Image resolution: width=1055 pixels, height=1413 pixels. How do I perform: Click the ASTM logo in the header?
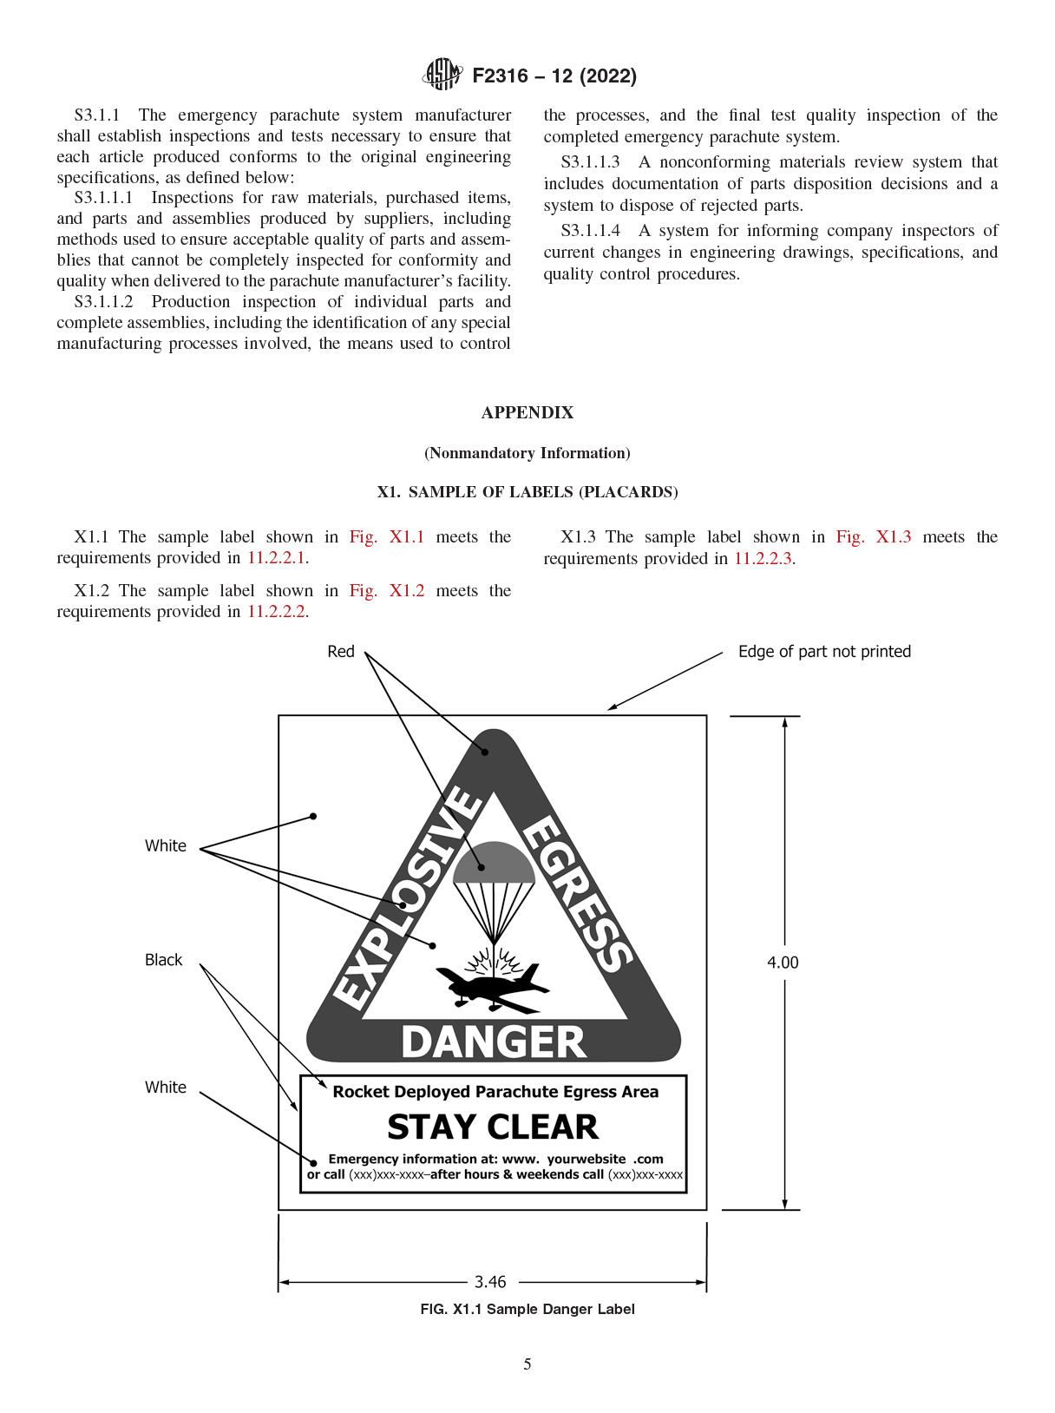pyautogui.click(x=442, y=75)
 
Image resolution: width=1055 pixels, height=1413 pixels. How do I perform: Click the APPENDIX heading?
pyautogui.click(x=527, y=412)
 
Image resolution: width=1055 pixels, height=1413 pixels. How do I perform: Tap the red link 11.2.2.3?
pyautogui.click(x=763, y=558)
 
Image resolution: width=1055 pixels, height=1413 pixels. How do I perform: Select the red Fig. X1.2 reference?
pyautogui.click(x=387, y=590)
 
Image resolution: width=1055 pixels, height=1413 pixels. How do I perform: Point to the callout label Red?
pyautogui.click(x=341, y=652)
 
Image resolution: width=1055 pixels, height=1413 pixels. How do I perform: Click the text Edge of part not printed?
pyautogui.click(x=824, y=652)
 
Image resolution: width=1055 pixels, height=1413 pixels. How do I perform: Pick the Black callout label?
pyautogui.click(x=163, y=960)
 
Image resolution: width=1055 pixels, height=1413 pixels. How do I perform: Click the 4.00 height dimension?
pyautogui.click(x=783, y=963)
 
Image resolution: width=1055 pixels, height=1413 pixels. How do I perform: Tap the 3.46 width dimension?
pyautogui.click(x=490, y=1282)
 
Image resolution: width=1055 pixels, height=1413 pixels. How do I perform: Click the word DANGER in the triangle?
pyautogui.click(x=494, y=1042)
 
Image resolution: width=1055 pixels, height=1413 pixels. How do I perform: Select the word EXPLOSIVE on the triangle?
pyautogui.click(x=408, y=898)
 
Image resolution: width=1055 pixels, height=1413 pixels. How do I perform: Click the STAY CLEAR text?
pyautogui.click(x=493, y=1127)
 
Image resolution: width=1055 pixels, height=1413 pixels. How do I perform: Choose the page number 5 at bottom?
pyautogui.click(x=527, y=1364)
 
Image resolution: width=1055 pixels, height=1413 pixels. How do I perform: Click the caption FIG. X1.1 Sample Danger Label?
pyautogui.click(x=527, y=1309)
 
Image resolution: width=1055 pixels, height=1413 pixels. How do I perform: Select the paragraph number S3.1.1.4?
pyautogui.click(x=591, y=231)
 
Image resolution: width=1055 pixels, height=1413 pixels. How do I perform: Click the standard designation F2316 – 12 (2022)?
pyautogui.click(x=554, y=76)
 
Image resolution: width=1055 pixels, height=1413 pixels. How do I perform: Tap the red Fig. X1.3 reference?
pyautogui.click(x=874, y=536)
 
